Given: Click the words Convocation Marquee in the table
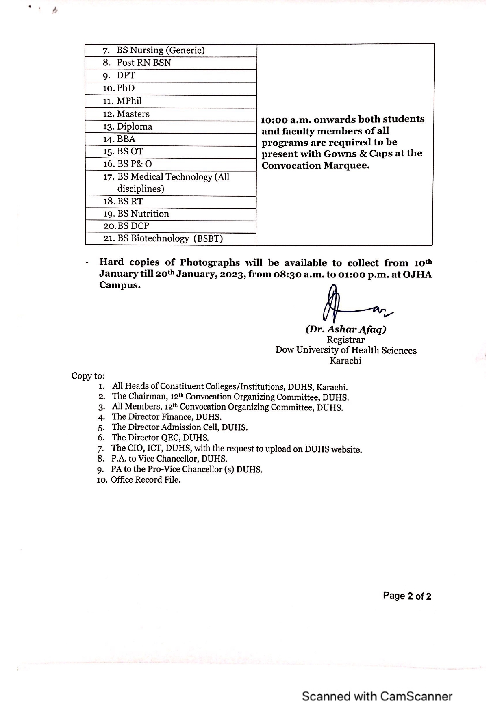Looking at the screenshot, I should click(x=315, y=166).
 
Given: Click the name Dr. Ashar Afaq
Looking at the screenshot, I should click(x=346, y=329).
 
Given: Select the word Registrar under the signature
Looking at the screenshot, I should click(x=345, y=340).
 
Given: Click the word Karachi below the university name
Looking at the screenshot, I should click(x=345, y=361).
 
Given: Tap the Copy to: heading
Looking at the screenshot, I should click(x=88, y=376).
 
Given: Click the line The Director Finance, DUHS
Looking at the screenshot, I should click(x=167, y=417).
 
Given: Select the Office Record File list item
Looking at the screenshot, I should click(x=145, y=480).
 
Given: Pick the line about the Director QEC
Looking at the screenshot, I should click(x=160, y=438).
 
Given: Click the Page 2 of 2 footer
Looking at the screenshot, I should click(x=407, y=596).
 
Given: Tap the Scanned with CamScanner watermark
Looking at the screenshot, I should click(x=377, y=696).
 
